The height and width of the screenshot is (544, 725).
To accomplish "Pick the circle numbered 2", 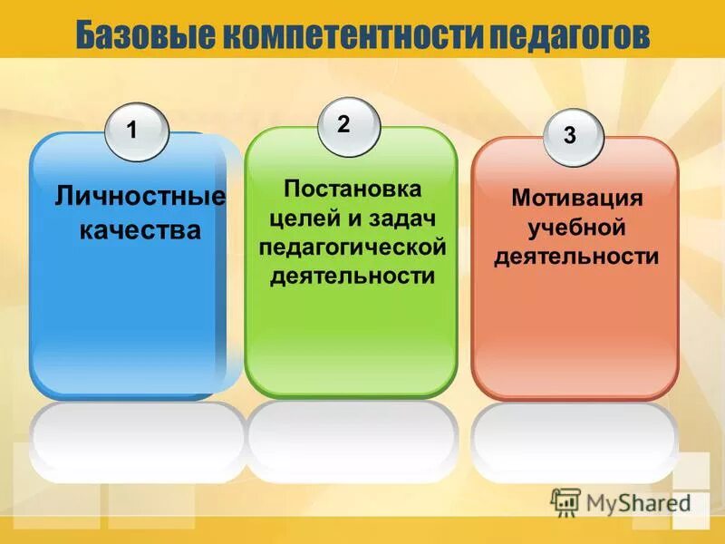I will [x=348, y=126].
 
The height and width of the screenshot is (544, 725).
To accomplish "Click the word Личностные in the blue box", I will [x=140, y=195].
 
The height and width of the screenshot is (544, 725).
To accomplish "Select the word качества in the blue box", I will [x=140, y=230].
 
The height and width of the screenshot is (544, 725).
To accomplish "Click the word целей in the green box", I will [x=299, y=219].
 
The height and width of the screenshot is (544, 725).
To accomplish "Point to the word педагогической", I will [x=353, y=248].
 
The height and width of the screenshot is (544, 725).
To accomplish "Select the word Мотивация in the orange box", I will [x=576, y=199].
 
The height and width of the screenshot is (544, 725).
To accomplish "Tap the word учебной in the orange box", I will [x=576, y=228].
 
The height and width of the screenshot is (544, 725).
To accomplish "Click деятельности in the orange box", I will [x=576, y=257].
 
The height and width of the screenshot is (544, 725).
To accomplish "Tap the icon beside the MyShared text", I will [x=565, y=502].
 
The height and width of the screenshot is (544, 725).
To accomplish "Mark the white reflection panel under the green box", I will [x=353, y=442].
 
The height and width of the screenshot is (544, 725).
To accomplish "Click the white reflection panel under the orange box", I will [x=575, y=442].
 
